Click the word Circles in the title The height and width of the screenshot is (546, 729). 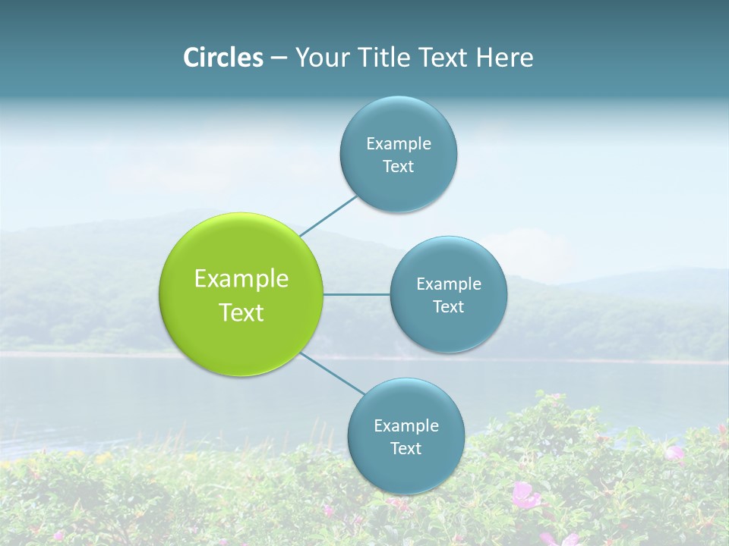[x=223, y=58]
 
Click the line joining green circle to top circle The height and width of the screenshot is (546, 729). [x=328, y=215]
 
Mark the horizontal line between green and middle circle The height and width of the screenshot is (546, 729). [x=357, y=294]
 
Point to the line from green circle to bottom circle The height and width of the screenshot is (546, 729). [x=333, y=374]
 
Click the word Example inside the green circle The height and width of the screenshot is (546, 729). [x=241, y=279]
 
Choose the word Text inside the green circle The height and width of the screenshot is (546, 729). [x=241, y=312]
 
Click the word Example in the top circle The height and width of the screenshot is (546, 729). [x=399, y=144]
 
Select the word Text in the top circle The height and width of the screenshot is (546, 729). [x=399, y=167]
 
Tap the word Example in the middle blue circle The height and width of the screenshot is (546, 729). [x=449, y=284]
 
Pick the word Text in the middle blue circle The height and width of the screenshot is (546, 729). [x=449, y=307]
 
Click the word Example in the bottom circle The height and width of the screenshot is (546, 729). [x=406, y=426]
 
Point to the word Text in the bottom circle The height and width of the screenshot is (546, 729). [x=406, y=449]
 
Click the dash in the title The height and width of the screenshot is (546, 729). [x=279, y=58]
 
